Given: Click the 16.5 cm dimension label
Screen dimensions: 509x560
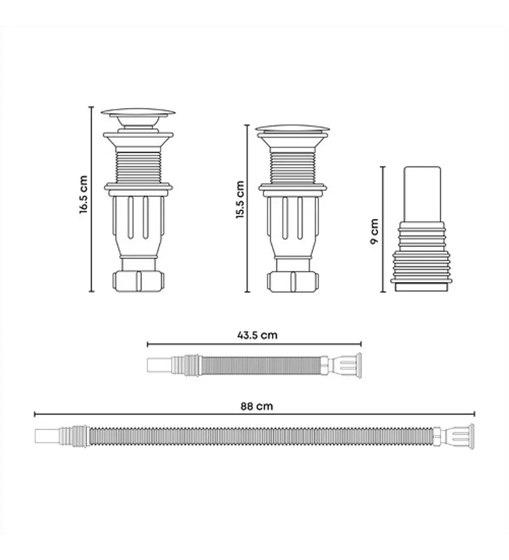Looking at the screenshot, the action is click(x=83, y=194).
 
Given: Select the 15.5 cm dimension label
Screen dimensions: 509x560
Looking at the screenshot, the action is click(x=240, y=200).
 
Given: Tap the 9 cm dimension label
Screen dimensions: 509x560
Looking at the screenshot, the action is click(x=374, y=231).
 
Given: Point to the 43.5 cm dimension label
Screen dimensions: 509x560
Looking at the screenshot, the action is click(x=257, y=335).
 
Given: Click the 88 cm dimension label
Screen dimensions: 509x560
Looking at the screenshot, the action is click(x=257, y=406).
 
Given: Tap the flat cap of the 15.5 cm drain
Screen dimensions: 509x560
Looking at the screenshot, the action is click(x=293, y=129).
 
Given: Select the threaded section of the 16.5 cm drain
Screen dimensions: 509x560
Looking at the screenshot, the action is click(x=138, y=167).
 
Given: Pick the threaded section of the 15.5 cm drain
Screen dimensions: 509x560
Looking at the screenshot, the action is click(x=293, y=168).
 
